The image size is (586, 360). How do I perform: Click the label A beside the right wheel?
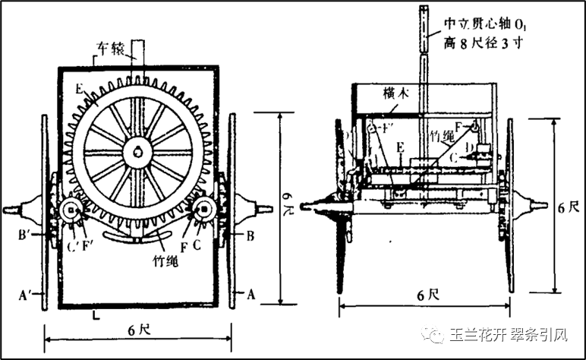pyautogui.click(x=250, y=291)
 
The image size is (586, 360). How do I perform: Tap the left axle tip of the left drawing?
pyautogui.click(x=8, y=210)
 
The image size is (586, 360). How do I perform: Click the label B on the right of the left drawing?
pyautogui.click(x=250, y=235)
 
